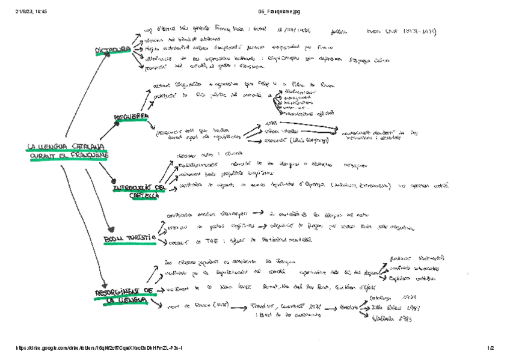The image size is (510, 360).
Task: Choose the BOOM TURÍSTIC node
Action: point(129,239)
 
